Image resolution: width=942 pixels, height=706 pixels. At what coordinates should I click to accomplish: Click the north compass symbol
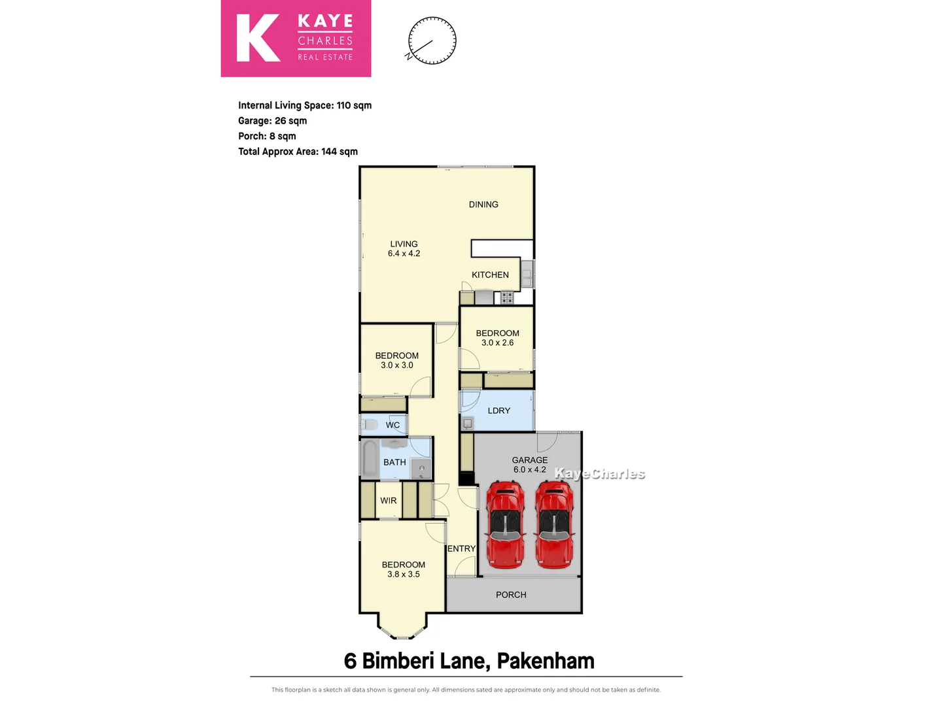[432, 41]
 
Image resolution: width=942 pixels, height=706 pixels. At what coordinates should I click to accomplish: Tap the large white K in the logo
[258, 39]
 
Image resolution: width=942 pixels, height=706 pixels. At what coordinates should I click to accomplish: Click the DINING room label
[483, 205]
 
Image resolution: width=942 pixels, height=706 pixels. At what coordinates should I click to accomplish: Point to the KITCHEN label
[490, 275]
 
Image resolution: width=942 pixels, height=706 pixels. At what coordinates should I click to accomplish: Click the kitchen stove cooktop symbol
[507, 298]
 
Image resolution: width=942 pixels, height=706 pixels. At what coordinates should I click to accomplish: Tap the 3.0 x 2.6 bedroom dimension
[497, 343]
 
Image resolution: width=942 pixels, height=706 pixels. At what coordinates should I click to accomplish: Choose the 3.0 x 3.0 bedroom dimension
[396, 365]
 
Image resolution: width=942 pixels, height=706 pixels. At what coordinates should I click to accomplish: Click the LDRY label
[498, 411]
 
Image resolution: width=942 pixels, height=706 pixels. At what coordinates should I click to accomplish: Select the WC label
[392, 425]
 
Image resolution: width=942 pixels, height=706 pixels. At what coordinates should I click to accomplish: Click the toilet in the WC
[370, 425]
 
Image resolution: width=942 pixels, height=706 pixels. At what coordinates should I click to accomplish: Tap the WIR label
[389, 501]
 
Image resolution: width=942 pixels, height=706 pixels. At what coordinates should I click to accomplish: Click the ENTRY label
[461, 548]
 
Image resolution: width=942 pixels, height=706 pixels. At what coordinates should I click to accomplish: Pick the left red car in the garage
[505, 524]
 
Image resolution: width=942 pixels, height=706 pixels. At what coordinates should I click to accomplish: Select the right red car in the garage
[555, 524]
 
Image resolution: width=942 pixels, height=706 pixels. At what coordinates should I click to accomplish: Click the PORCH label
[511, 595]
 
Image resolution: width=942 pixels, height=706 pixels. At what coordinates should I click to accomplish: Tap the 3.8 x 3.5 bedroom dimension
[403, 575]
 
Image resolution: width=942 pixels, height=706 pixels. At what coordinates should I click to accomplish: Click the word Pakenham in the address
[546, 661]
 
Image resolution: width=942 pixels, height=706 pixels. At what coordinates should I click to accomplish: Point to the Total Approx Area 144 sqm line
[298, 152]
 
